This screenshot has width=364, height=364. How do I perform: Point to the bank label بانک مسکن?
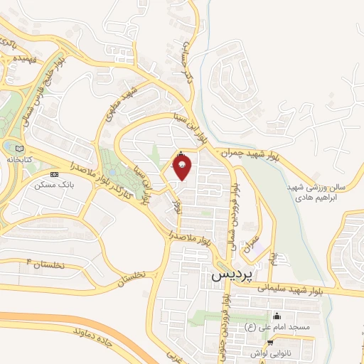coord(54,184)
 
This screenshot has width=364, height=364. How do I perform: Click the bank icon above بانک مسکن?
coord(54,173)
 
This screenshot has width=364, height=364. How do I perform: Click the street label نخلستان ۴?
coord(45,264)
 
